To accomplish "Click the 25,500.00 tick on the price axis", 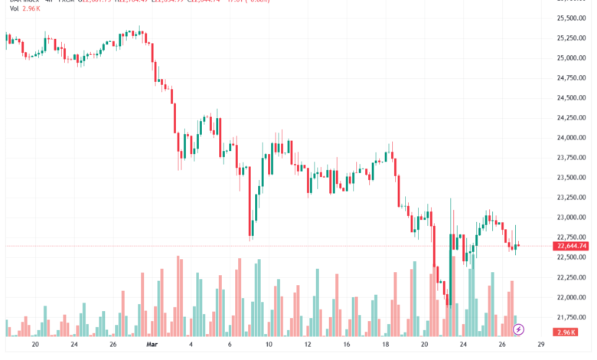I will tap(572, 18).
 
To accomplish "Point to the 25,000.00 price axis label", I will tap(572, 57).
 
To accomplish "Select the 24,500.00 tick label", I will tap(572, 97).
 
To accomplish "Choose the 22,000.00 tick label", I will tap(572, 297).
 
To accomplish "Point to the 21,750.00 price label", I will tap(572, 317).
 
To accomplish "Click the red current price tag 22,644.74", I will tap(571, 246).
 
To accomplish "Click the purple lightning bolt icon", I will tap(518, 329).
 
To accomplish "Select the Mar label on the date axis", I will tap(152, 345).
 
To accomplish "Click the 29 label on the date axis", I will tap(541, 345).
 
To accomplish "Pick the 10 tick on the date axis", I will tap(269, 345).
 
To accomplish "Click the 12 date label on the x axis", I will tap(308, 345).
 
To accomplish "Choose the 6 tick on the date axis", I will tap(230, 345).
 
